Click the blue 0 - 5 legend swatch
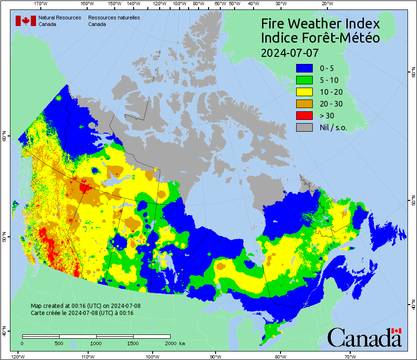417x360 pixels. coord(304,68)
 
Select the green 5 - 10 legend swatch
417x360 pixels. coord(304,80)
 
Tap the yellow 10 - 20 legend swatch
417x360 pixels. coord(304,92)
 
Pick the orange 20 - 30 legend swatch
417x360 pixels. coord(304,104)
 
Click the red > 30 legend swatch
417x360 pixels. coord(304,116)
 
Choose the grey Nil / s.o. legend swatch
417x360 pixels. coord(304,127)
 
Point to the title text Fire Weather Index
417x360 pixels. coord(320,24)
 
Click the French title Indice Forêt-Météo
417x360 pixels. coord(320,38)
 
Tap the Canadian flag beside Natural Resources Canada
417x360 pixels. coord(26,21)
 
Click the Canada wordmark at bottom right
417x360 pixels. coord(364,338)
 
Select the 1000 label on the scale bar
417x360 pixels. coord(96,343)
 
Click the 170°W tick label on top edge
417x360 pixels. coord(41,4)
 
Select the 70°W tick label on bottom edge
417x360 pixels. coord(350,356)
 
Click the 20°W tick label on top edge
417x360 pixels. coord(326,4)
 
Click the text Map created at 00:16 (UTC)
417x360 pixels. coord(85,306)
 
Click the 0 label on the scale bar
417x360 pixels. coord(22,343)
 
